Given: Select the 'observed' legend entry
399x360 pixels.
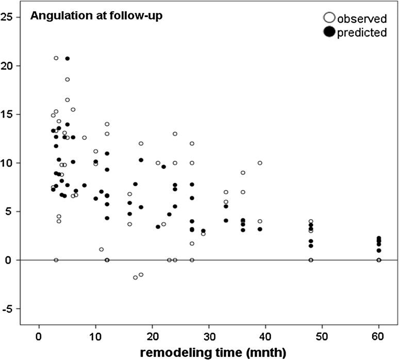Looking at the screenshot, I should coord(361,19).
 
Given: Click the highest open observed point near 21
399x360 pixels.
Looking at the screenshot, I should coord(56,58).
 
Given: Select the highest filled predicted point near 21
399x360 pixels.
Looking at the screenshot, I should coord(67,59).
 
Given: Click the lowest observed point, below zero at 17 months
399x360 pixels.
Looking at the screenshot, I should coord(135,277).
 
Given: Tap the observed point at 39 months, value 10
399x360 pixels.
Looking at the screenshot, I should coord(260,163).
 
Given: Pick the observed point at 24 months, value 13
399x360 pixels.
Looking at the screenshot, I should coord(175,134).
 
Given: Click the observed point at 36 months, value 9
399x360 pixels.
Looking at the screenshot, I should coord(243,173).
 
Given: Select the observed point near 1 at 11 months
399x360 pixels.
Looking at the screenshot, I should coord(101,250).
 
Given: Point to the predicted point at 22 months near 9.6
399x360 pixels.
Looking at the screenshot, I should coord(163,167).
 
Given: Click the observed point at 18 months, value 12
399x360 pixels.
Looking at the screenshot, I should coord(141,143).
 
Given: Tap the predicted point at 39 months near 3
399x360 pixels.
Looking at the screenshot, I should coord(260,229).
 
